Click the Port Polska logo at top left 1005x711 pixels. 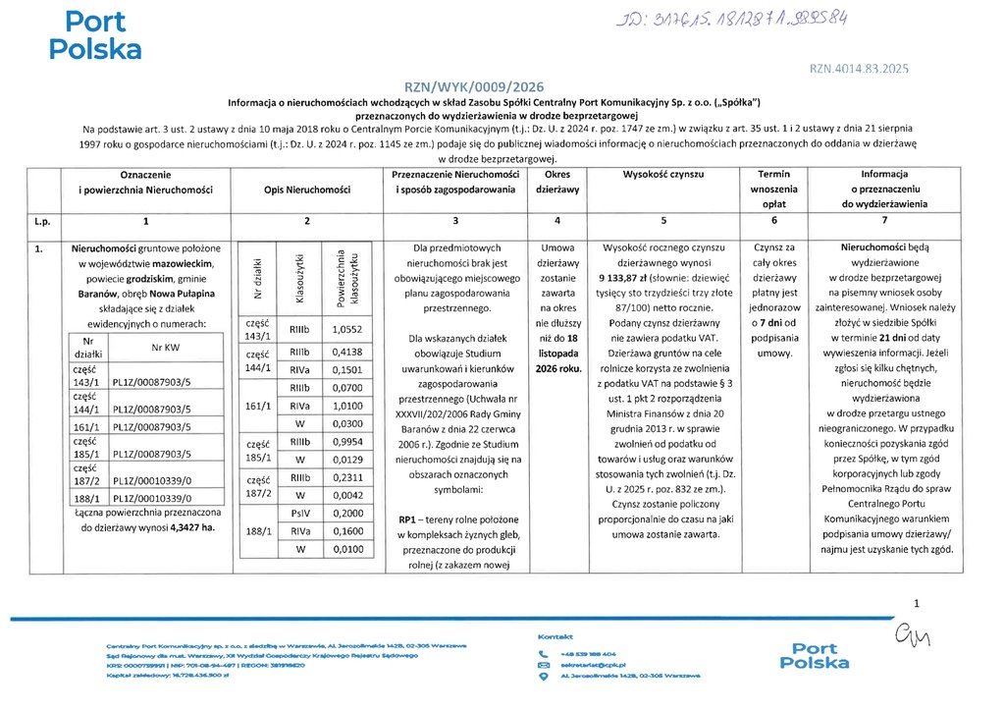click(x=95, y=35)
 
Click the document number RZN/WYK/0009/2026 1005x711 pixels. click(x=473, y=86)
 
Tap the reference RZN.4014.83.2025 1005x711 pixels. click(x=860, y=69)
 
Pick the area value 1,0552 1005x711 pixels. click(x=347, y=330)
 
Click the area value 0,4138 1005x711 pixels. click(x=347, y=351)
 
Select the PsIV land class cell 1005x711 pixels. click(x=299, y=514)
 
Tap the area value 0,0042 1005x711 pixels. click(x=347, y=495)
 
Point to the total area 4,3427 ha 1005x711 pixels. click(x=192, y=527)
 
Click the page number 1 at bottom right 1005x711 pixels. click(x=917, y=603)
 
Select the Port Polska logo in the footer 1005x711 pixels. click(x=814, y=655)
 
